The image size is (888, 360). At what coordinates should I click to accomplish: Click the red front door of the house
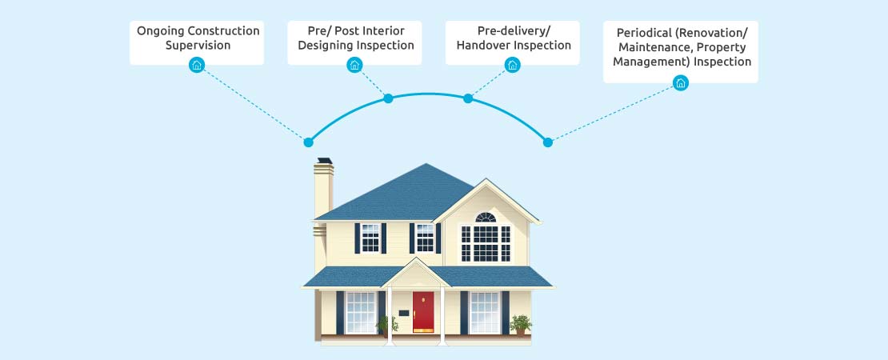(423, 312)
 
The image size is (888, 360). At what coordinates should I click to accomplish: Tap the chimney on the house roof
(323, 190)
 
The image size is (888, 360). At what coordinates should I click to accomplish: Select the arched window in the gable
(486, 218)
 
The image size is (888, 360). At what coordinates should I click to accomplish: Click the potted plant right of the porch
(521, 325)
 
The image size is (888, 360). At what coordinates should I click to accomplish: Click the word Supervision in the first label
(198, 46)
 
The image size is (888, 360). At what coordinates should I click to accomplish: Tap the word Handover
(483, 46)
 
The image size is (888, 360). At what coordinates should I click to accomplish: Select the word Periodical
(642, 32)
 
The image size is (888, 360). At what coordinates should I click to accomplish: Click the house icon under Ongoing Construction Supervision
(197, 65)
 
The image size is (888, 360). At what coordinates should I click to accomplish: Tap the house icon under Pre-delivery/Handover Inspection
(513, 65)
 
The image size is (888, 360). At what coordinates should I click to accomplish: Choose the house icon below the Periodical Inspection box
(681, 83)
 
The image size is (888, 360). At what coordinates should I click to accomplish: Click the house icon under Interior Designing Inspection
(354, 65)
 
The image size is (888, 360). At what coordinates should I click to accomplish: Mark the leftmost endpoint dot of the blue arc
(308, 142)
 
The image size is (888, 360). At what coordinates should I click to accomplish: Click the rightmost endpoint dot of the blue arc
(548, 142)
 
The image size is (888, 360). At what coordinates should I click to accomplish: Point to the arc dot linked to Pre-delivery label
(468, 98)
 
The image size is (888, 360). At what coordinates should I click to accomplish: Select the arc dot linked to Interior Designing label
(388, 98)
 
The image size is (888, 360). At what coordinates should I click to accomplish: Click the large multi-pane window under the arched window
(486, 243)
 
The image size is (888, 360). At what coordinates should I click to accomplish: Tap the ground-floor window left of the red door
(361, 313)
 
